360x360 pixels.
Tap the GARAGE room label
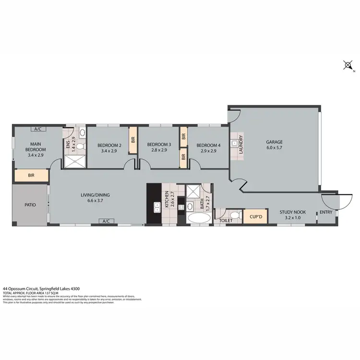point(275,142)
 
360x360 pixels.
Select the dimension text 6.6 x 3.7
point(96,201)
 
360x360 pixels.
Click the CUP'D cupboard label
point(256,217)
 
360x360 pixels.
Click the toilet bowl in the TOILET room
point(233,215)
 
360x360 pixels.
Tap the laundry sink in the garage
point(234,143)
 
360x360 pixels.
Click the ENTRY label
point(326,212)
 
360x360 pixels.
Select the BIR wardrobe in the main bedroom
point(31,176)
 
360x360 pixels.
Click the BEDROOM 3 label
point(159,144)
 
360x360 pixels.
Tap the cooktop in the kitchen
point(181,207)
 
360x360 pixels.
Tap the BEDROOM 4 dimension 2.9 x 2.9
point(208,151)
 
